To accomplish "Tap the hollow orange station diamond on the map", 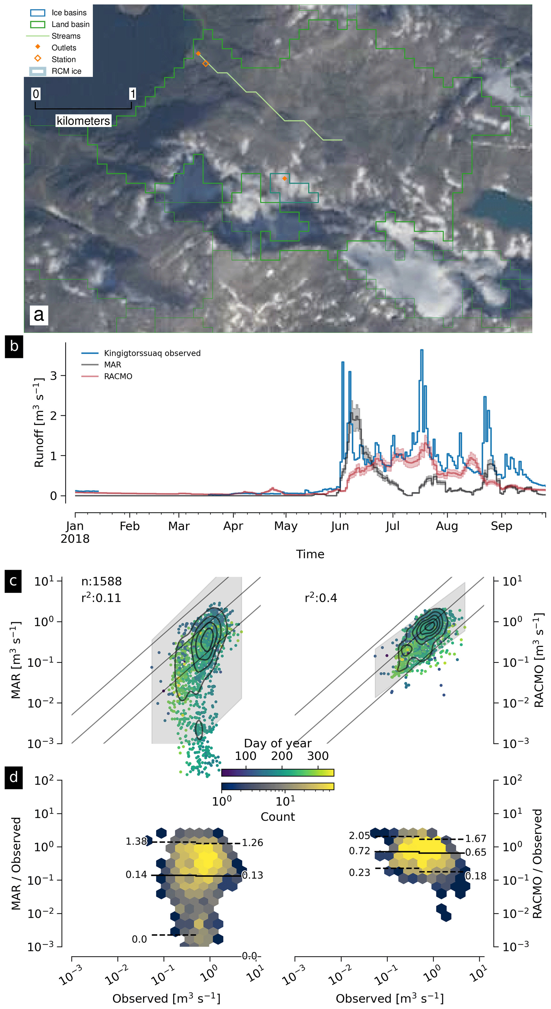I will [206, 63].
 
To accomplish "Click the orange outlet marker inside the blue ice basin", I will [285, 179].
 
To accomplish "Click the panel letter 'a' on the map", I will [39, 315].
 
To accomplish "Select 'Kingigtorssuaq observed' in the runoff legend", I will [152, 353].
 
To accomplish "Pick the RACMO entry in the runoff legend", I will [118, 377].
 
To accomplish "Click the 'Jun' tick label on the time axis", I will [340, 526].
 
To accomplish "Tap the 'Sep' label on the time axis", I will [501, 526].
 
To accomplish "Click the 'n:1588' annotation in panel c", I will [101, 581].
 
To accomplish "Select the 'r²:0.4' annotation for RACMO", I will [321, 598].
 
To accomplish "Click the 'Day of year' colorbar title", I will [278, 743].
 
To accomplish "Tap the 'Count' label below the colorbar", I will [278, 817].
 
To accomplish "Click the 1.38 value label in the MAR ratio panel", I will [136, 841].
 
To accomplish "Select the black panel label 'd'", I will [13, 777].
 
